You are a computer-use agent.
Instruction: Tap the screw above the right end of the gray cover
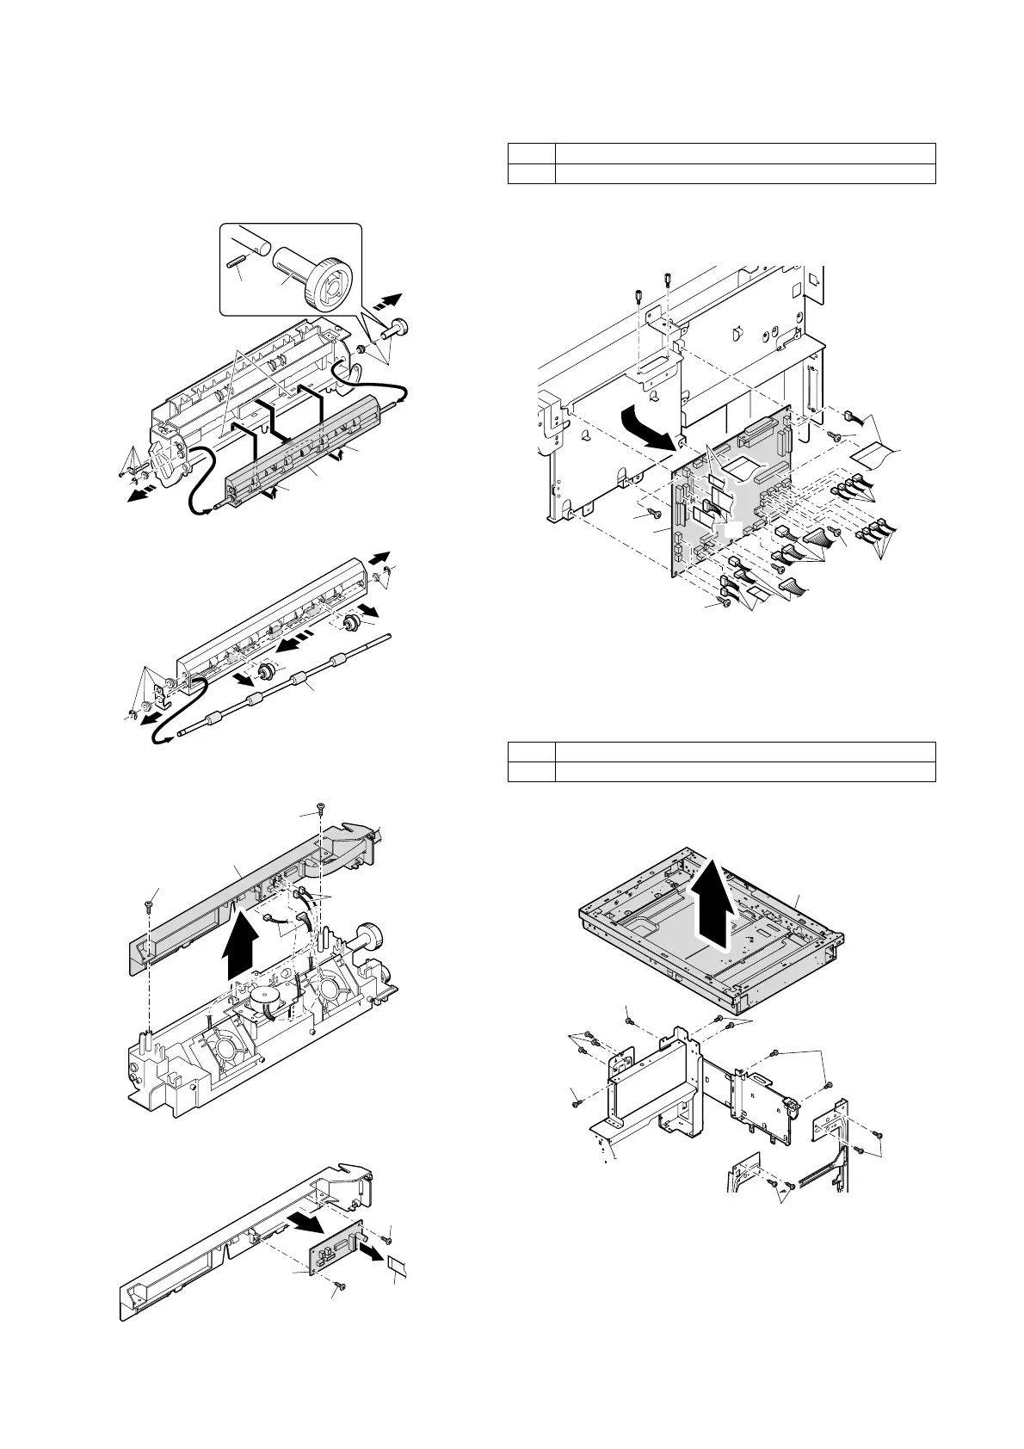pos(320,808)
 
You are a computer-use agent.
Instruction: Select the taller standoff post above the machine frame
pos(668,281)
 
